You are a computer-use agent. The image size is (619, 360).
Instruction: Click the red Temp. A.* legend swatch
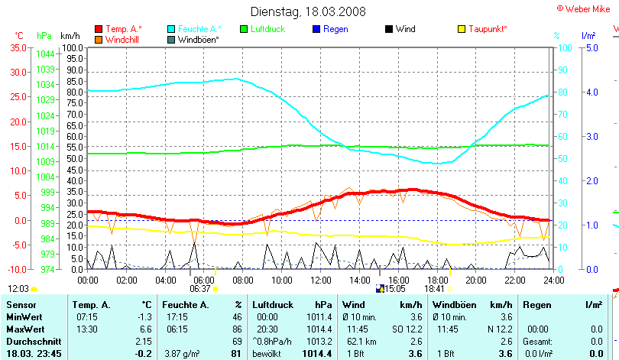pyautogui.click(x=99, y=29)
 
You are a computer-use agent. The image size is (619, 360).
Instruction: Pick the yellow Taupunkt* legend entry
pyautogui.click(x=488, y=29)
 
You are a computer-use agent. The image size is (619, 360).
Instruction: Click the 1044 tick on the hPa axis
pyautogui.click(x=44, y=54)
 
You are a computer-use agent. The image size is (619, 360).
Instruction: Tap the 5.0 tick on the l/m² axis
pyautogui.click(x=589, y=47)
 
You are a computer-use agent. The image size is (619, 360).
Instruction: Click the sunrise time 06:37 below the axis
pyautogui.click(x=199, y=289)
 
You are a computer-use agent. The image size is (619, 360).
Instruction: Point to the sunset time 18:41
pyautogui.click(x=435, y=289)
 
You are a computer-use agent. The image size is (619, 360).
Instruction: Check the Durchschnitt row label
pyautogui.click(x=31, y=340)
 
